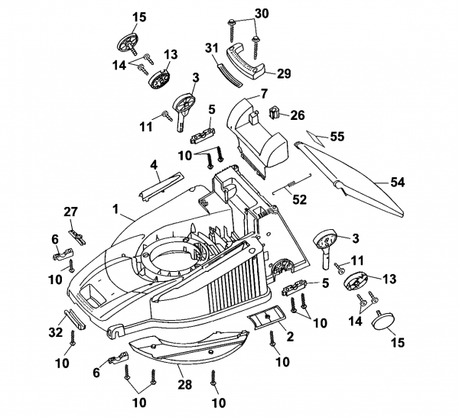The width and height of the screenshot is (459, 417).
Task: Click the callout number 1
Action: pyautogui.click(x=116, y=208)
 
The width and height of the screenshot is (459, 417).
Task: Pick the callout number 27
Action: pyautogui.click(x=71, y=211)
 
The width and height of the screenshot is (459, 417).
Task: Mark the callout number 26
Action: pyautogui.click(x=298, y=116)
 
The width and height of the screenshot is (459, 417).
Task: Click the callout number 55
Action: pyautogui.click(x=337, y=136)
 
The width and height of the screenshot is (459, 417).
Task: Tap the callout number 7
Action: pyautogui.click(x=264, y=93)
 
